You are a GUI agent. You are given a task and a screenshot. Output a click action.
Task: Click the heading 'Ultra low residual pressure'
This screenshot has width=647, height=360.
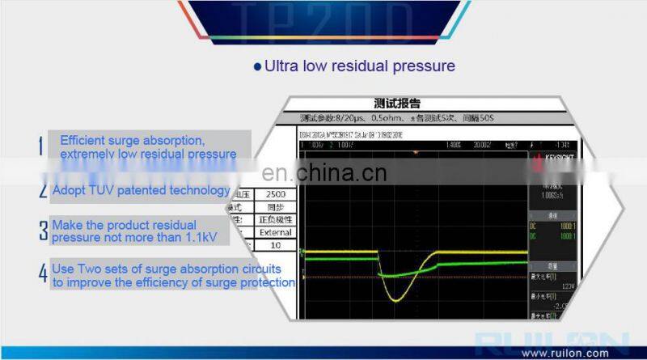360,66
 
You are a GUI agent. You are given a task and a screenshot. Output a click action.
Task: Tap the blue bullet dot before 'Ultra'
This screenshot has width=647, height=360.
258,66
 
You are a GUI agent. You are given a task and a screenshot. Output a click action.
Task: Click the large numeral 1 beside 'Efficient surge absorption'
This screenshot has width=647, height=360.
41,146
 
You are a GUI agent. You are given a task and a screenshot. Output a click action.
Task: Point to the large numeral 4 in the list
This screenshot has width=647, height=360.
43,273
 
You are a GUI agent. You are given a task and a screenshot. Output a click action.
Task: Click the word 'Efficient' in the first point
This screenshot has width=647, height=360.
84,140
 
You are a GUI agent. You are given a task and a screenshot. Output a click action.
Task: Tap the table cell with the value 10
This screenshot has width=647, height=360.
277,244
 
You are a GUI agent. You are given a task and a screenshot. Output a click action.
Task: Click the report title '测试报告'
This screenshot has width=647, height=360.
397,104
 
